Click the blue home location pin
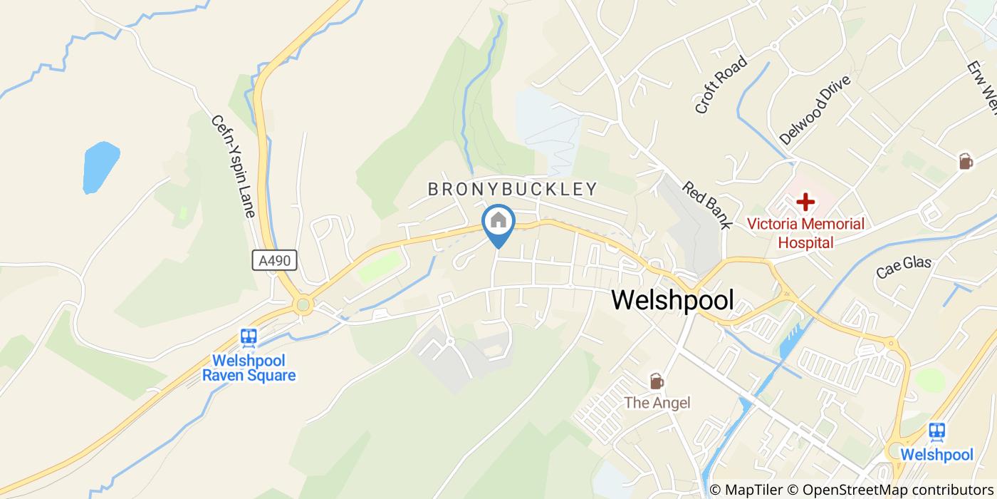(x=499, y=222)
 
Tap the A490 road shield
(x=274, y=261)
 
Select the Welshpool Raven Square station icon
(x=249, y=336)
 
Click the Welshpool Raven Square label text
(x=249, y=368)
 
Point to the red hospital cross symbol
(x=805, y=202)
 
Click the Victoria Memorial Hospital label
(x=805, y=233)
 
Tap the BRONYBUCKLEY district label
(x=512, y=189)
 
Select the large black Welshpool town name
(x=672, y=301)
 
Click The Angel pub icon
(x=657, y=381)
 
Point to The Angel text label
(x=657, y=403)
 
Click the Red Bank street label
(x=706, y=205)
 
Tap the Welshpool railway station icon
(x=936, y=431)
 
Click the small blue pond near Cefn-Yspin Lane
(x=100, y=168)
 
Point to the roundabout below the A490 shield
(x=303, y=306)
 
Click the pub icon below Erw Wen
(x=966, y=161)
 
